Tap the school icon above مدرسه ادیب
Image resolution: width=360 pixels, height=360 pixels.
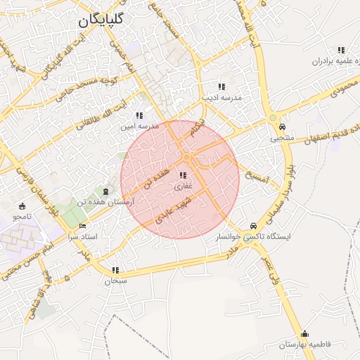tap(221, 86)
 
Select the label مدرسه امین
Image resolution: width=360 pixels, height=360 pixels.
tap(138, 127)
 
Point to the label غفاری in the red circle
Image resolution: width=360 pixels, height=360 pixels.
tap(183, 187)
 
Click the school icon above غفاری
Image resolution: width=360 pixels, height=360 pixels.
tap(183, 175)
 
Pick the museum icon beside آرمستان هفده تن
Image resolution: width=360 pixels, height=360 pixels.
tap(105, 191)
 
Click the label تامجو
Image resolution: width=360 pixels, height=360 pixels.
tap(22, 217)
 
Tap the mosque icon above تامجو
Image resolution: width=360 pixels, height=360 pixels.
tap(22, 206)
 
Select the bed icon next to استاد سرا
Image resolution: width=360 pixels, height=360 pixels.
tap(83, 226)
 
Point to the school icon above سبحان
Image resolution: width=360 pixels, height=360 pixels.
tap(115, 269)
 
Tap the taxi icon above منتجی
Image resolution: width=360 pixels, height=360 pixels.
tap(282, 127)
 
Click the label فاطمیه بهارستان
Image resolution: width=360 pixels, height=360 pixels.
tap(304, 345)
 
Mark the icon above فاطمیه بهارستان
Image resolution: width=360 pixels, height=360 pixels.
tap(304, 333)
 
